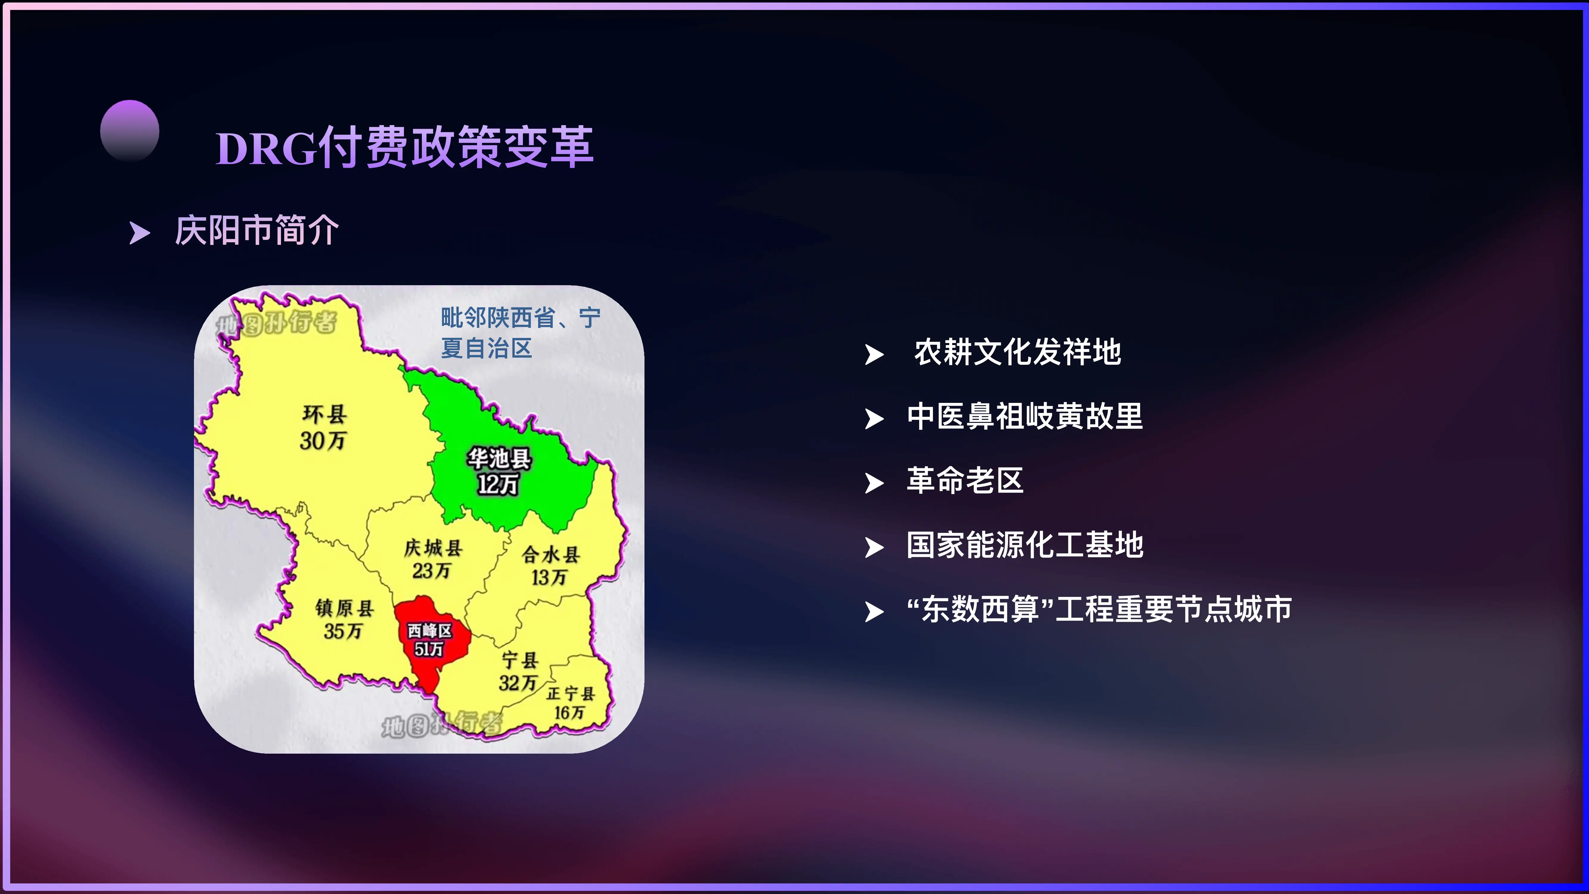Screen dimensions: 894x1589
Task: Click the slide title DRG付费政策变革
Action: click(x=404, y=148)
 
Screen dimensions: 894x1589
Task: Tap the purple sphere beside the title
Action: click(x=130, y=130)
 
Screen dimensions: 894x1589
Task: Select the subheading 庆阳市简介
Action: click(x=257, y=231)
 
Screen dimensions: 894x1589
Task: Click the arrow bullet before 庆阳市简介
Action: click(x=139, y=233)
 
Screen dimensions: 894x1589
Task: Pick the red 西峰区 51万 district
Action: click(x=430, y=640)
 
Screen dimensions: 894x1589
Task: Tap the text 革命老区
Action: click(x=965, y=481)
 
